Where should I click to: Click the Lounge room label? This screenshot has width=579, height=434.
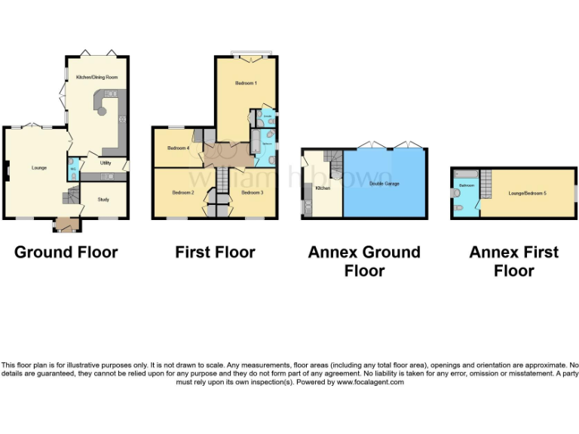(39, 167)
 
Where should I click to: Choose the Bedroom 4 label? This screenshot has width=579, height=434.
(178, 148)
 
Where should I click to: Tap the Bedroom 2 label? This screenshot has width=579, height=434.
(183, 193)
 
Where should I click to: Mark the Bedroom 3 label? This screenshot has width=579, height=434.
(252, 193)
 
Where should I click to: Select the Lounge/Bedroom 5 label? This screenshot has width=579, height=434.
(528, 194)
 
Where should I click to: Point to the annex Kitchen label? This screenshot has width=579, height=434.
(323, 188)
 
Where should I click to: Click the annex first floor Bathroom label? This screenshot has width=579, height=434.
(467, 185)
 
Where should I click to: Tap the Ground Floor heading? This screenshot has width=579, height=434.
(66, 252)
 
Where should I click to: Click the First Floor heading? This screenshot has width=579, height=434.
(215, 252)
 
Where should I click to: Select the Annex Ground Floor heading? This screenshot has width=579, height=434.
(364, 261)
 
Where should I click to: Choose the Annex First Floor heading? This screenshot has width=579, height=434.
(514, 261)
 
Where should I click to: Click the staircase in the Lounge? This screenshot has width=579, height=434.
(70, 197)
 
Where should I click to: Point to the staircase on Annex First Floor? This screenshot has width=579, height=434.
(486, 182)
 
